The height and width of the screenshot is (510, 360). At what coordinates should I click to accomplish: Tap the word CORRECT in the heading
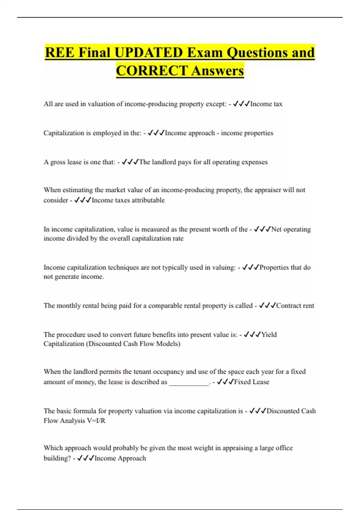point(152,71)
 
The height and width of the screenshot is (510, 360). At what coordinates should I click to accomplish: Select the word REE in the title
point(59,52)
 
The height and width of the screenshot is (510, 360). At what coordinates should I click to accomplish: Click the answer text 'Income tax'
point(266,104)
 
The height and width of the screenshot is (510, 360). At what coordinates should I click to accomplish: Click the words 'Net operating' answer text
point(291,229)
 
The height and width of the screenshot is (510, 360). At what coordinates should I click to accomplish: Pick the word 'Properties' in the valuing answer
point(274,267)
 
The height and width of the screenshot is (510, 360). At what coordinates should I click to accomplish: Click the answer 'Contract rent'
point(295,305)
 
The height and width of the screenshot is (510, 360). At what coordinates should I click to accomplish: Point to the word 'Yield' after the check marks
point(269,334)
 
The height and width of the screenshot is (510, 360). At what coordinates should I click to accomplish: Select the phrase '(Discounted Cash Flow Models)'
point(133,344)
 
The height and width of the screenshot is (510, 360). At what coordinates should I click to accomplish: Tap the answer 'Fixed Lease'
point(251,382)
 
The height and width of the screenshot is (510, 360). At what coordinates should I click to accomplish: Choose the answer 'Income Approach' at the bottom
point(120,458)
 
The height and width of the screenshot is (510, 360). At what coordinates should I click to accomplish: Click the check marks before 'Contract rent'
point(267,305)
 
